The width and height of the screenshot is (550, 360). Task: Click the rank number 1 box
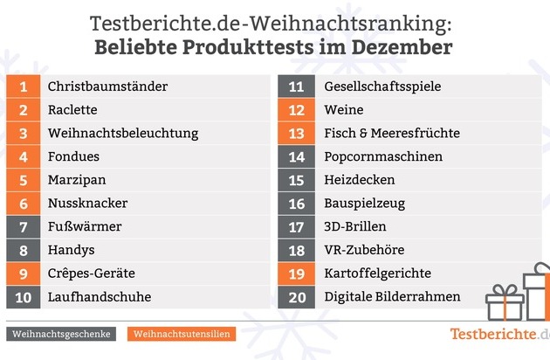pos(24,87)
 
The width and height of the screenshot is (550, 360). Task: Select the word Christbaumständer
pos(107,87)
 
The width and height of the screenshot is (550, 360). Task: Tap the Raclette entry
pos(72,110)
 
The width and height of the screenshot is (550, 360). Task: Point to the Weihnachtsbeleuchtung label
pos(123,134)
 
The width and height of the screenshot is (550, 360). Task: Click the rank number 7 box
pos(24,226)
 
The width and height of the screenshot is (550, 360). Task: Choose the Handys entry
pos(71,250)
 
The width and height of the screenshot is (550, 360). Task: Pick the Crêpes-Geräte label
pos(91,273)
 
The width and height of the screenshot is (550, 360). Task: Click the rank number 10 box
pos(24,297)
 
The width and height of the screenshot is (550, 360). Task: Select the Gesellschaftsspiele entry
pos(382,87)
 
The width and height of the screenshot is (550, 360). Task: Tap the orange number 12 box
pos(296,110)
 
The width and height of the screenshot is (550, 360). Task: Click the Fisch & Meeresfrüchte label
pos(391,134)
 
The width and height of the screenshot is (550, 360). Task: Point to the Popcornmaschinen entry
pos(383,157)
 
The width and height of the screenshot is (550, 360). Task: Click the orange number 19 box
pos(296,273)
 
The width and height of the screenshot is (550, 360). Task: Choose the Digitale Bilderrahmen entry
pos(392,297)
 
